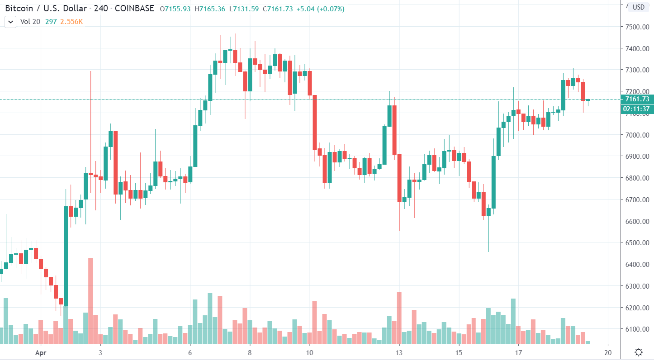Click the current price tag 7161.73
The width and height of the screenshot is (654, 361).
click(x=636, y=99)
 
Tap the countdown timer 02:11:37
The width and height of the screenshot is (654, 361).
click(x=636, y=109)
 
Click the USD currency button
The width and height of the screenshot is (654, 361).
click(x=639, y=7)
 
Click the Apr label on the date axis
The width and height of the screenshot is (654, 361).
click(x=41, y=352)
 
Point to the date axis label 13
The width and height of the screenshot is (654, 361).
click(x=399, y=352)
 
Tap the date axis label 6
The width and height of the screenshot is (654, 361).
click(x=190, y=352)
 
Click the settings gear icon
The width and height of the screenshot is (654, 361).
click(x=639, y=352)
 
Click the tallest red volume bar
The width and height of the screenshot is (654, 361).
click(x=90, y=301)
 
